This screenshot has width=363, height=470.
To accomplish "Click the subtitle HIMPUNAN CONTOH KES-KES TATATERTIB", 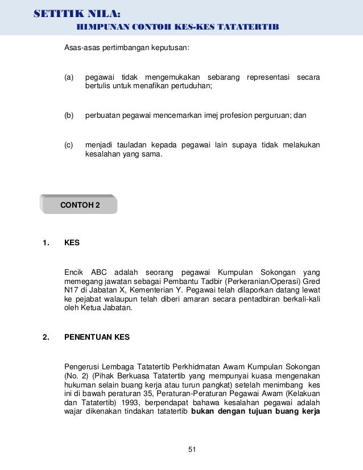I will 178,28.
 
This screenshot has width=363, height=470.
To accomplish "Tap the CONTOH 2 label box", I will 80,205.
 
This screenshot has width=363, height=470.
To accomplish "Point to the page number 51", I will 192,450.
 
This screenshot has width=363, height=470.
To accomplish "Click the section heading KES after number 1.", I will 72,242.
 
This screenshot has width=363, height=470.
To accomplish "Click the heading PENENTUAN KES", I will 97,337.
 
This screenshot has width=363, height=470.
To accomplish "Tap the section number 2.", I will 46,337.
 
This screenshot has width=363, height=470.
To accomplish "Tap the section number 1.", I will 46,242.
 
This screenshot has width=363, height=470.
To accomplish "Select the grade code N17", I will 72,290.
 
